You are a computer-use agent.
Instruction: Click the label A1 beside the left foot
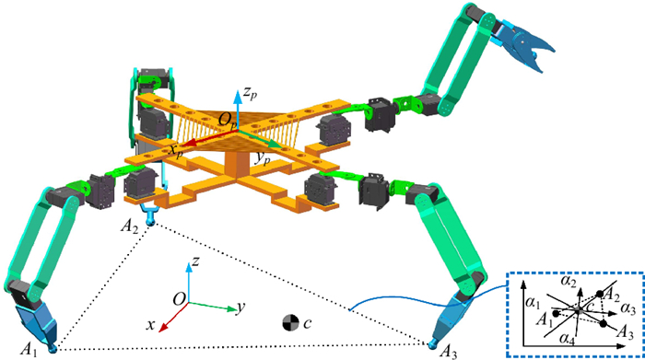(29, 350)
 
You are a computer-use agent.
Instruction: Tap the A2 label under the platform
(129, 226)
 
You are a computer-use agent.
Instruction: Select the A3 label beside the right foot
(448, 352)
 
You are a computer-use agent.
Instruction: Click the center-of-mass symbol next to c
(290, 323)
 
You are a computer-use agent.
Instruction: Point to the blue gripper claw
(524, 46)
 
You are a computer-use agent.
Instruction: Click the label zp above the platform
(250, 93)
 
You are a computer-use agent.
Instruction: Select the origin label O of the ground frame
(179, 299)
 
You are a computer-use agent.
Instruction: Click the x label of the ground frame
(151, 325)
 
